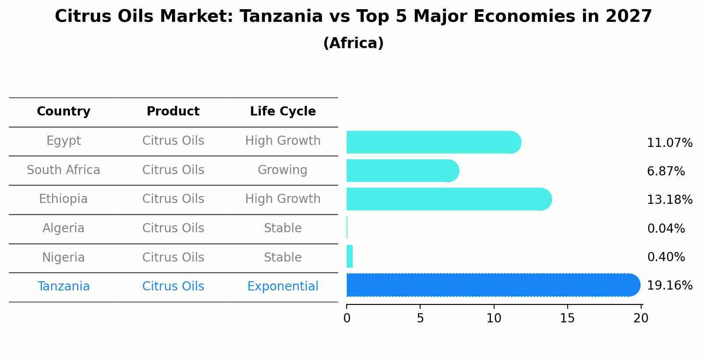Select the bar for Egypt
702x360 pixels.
click(x=433, y=142)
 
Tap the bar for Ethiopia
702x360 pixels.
click(x=449, y=199)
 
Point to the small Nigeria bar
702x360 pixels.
click(x=349, y=256)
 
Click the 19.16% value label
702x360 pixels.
click(x=669, y=286)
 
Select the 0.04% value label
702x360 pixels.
click(x=666, y=228)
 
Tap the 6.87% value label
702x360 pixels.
click(x=666, y=171)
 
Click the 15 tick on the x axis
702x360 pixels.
click(x=567, y=318)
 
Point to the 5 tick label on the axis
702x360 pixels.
click(x=420, y=318)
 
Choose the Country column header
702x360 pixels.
click(x=63, y=112)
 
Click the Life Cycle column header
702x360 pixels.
click(x=283, y=112)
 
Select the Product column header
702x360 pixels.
click(x=173, y=112)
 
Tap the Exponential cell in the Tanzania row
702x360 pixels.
click(x=283, y=287)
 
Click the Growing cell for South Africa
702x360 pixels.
click(x=282, y=170)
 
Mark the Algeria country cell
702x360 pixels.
click(x=63, y=228)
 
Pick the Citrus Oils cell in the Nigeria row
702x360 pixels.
click(x=173, y=257)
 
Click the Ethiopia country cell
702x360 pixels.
click(x=63, y=199)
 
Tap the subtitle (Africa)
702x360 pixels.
click(x=353, y=43)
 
